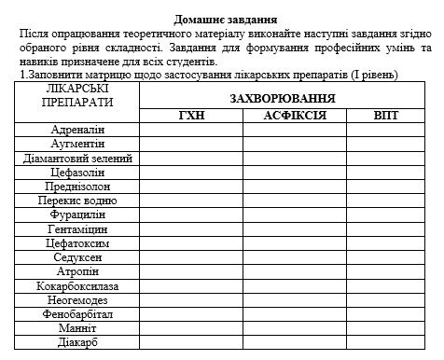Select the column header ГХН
190,116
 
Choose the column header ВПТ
385,116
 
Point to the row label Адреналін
78,131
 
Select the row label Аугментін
78,145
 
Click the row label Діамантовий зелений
78,159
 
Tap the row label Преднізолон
78,187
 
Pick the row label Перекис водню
78,201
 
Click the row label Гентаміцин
78,228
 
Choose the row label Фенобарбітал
78,314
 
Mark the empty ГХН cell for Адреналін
190,131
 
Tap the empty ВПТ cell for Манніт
385,328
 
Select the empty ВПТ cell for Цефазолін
385,173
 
